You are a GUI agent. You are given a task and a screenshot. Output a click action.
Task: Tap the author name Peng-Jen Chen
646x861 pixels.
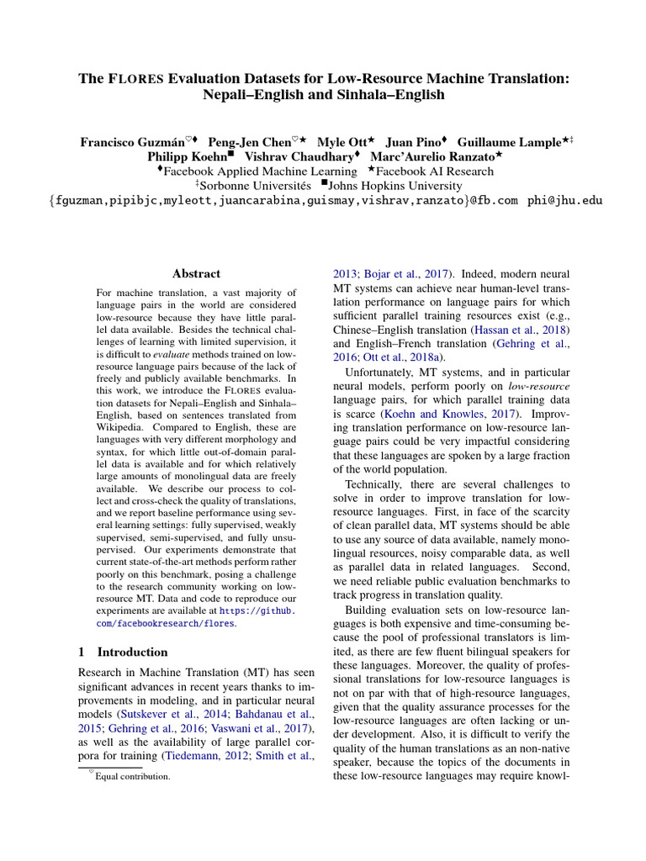coord(252,142)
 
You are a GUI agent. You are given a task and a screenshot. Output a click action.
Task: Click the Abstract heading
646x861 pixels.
coord(196,273)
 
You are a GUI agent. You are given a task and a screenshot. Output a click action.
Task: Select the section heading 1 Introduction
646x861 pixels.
coord(123,652)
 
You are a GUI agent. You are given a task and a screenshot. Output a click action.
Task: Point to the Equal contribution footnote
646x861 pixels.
coord(132,776)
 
